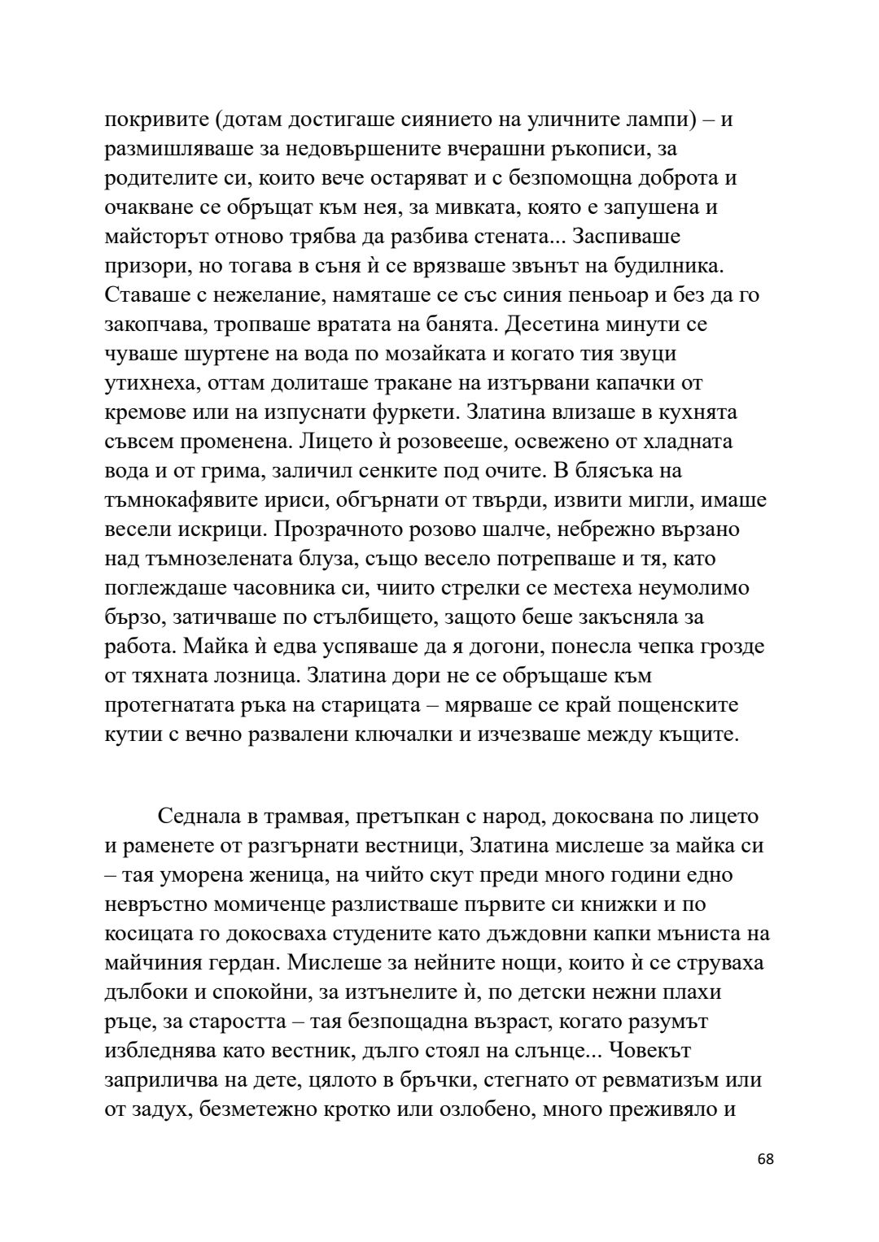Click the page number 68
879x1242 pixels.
(765, 1182)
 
